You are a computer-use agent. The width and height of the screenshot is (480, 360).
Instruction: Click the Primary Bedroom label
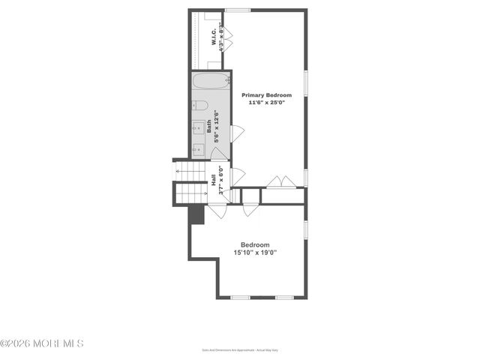266,95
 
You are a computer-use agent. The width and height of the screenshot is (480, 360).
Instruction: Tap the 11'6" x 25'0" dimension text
266,104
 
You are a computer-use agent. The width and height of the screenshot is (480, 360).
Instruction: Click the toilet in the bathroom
198,105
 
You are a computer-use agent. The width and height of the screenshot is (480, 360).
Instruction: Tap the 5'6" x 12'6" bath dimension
217,127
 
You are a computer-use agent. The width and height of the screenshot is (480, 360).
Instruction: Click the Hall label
214,181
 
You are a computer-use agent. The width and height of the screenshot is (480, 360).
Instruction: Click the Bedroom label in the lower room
256,244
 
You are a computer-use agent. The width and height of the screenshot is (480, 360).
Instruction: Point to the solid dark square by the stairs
196,214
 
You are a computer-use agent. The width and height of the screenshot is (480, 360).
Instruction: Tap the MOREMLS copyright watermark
42,343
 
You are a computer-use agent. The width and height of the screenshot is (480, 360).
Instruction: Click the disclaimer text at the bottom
240,349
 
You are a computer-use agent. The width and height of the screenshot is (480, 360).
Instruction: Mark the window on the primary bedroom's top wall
238,10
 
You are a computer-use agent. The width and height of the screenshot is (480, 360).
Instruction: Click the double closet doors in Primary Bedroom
281,182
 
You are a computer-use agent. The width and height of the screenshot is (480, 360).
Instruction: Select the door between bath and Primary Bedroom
236,134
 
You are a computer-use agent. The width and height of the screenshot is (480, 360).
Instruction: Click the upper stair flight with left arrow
192,175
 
